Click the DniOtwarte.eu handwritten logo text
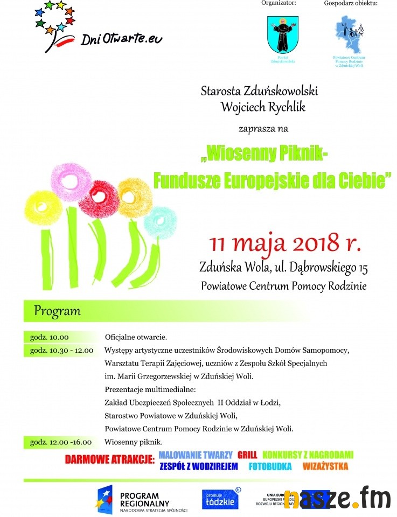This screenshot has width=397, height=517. pyautogui.click(x=121, y=38)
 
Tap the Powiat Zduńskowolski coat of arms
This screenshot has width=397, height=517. pyautogui.click(x=283, y=34)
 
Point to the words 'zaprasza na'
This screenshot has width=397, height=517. pyautogui.click(x=263, y=129)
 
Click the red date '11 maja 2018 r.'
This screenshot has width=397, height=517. pyautogui.click(x=285, y=243)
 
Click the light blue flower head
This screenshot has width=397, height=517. pyautogui.click(x=160, y=221)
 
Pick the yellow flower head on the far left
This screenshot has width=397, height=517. pyautogui.click(x=44, y=208)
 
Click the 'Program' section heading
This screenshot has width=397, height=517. pyautogui.click(x=57, y=311)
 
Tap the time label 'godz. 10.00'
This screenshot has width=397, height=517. pyautogui.click(x=50, y=337)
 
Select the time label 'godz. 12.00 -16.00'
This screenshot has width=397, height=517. pyautogui.click(x=61, y=442)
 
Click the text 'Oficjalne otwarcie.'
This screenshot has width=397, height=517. pyautogui.click(x=136, y=338)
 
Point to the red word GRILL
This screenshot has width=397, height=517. pyautogui.click(x=247, y=455)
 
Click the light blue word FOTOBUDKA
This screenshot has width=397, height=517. pyautogui.click(x=270, y=466)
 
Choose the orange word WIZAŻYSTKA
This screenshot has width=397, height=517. pyautogui.click(x=325, y=466)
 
